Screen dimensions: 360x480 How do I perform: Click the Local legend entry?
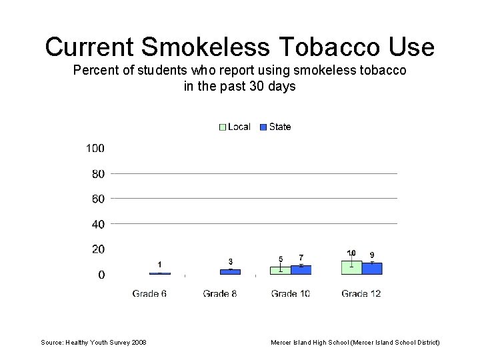(235, 127)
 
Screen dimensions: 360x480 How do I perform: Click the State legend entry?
(275, 127)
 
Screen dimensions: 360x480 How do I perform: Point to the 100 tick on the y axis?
(95, 148)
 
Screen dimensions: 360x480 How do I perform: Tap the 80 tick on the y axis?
(98, 174)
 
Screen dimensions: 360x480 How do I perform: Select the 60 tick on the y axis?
(98, 199)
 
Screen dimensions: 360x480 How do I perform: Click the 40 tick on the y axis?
(98, 224)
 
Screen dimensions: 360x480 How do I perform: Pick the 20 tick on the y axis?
(98, 249)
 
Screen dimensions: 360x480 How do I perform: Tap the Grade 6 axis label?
(149, 293)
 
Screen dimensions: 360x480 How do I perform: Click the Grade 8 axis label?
(220, 293)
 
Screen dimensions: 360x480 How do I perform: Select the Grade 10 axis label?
(291, 293)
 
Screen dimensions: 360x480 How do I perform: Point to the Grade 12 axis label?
(361, 293)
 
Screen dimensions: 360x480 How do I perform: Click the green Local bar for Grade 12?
(351, 268)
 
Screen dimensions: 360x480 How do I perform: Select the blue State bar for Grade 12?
(372, 269)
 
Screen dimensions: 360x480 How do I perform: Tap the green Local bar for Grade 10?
(280, 271)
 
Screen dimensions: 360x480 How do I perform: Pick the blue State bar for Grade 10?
(301, 270)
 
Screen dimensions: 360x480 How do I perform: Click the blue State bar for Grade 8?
(230, 272)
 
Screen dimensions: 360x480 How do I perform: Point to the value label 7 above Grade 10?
(301, 257)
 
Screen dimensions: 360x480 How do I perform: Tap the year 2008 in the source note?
(139, 343)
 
